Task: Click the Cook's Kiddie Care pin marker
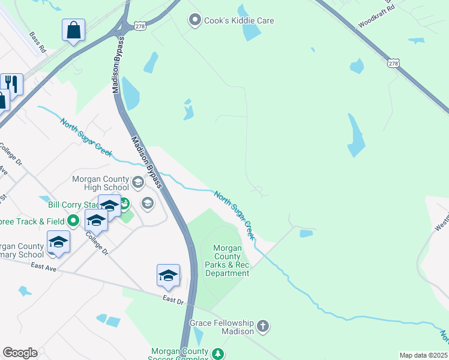tap(194, 20)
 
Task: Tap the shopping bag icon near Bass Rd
tap(73, 30)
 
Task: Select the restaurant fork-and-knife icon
tap(11, 83)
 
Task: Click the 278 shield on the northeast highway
tap(393, 63)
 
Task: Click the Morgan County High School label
tap(100, 184)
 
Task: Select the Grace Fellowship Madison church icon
tap(262, 326)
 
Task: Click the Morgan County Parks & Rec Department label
tap(227, 261)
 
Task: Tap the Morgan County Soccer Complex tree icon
tap(218, 353)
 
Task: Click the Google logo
tap(20, 353)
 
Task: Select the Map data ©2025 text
tap(423, 355)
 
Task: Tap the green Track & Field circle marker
tap(73, 221)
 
